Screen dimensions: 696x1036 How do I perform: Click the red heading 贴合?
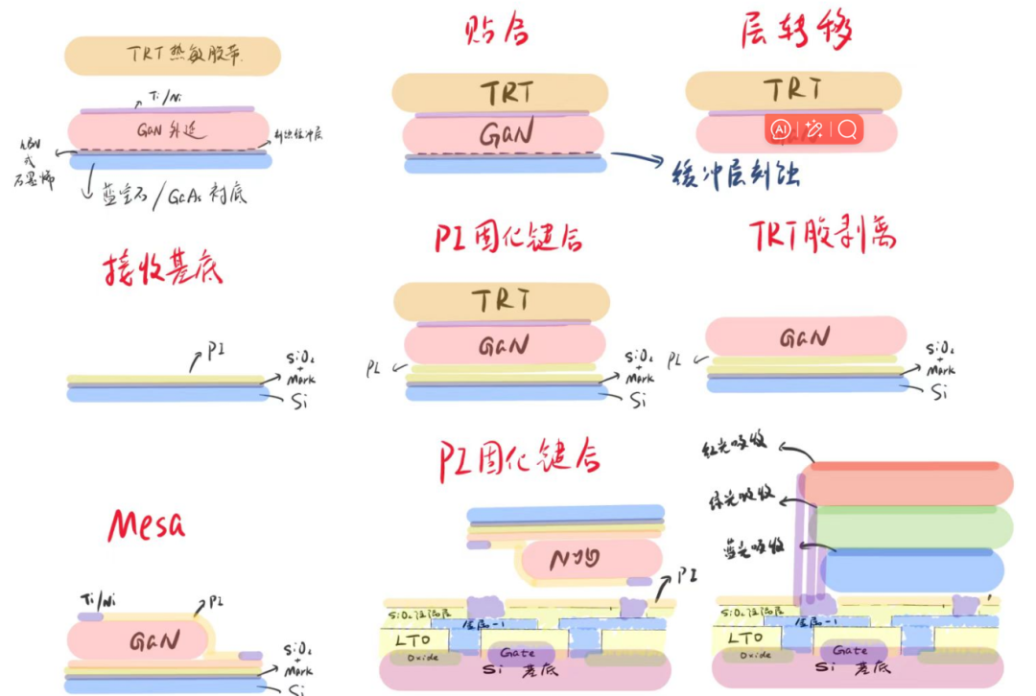point(496,31)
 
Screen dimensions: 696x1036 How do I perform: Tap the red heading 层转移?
point(797,31)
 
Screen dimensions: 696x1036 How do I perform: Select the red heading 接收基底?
point(163,271)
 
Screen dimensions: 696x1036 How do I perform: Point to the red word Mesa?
point(147,524)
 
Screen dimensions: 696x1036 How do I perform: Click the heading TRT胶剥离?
point(823,234)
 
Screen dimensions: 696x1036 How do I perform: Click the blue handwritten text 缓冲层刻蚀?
point(737,174)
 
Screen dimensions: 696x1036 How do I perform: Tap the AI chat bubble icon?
point(780,129)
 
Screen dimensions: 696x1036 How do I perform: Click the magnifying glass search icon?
point(847,129)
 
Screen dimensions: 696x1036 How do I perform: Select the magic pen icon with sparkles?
point(813,129)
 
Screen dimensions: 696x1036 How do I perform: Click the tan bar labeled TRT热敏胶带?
point(173,56)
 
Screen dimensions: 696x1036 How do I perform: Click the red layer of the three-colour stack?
point(907,484)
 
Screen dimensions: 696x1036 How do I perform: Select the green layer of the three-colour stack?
point(911,527)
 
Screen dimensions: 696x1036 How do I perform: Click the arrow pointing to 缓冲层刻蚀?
point(636,159)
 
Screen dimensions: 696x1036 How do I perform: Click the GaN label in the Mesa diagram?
point(153,640)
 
